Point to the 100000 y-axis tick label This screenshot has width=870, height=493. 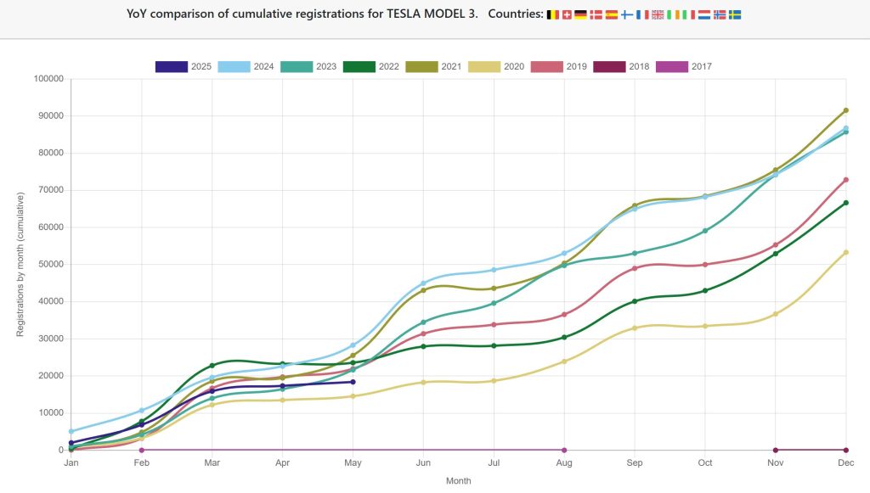point(48,79)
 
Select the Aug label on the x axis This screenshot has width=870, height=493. point(564,462)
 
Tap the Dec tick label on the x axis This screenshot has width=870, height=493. point(845,462)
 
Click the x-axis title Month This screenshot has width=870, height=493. point(458,481)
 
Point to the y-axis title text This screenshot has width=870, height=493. point(21,264)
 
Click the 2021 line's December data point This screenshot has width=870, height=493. point(845,110)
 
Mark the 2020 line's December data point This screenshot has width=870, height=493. point(845,252)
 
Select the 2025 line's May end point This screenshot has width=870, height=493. point(353,382)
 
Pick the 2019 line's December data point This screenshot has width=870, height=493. point(845,180)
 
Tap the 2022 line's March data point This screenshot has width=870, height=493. point(212,366)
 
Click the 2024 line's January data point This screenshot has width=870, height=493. point(71,431)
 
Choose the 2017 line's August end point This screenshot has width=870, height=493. point(564,450)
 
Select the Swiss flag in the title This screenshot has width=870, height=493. point(567,14)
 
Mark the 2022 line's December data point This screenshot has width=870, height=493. point(845,203)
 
